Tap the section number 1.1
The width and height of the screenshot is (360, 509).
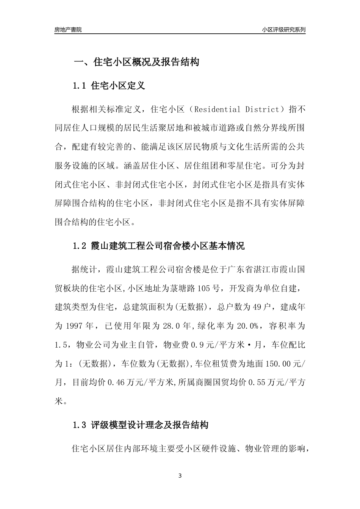tap(80, 86)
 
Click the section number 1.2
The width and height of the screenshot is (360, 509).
tap(80, 246)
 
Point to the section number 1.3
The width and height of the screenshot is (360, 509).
tap(80, 425)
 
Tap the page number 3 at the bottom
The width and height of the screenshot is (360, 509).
tap(180, 476)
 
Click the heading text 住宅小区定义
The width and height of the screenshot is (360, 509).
tap(118, 86)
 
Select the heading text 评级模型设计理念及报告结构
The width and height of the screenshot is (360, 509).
tap(150, 425)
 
